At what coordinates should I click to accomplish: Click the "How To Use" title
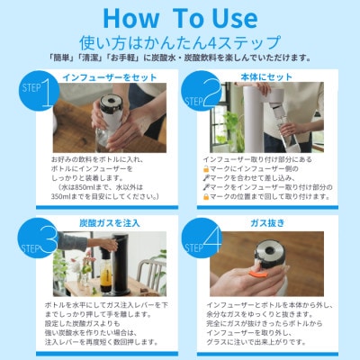click(x=179, y=17)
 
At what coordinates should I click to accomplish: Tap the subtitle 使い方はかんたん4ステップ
click(x=180, y=40)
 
